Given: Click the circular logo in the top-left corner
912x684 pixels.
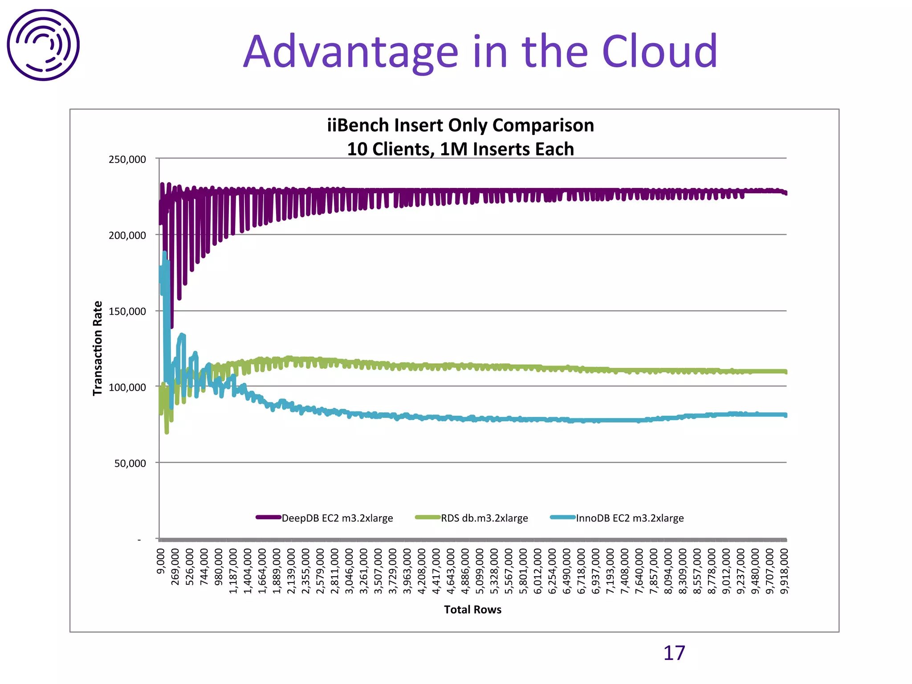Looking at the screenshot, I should coord(43,45).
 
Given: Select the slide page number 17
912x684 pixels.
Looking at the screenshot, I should coord(674,653).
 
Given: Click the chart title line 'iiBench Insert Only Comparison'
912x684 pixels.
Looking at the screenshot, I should coord(460,125).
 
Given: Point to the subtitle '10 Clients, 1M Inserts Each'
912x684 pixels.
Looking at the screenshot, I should coord(460,149).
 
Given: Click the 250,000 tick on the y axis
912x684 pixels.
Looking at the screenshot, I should coord(127,159).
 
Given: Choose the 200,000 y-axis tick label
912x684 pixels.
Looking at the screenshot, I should coord(127,236).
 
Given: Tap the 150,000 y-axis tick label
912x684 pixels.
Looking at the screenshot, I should coord(127,311).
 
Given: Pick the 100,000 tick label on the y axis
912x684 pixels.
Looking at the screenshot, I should coord(127,387).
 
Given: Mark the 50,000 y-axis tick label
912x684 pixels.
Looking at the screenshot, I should coord(130,464).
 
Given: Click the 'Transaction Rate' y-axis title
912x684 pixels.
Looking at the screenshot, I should coord(98,348).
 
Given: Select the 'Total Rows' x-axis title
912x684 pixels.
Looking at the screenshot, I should coord(472,610).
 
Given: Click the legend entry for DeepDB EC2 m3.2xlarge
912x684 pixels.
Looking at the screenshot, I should coord(337,518).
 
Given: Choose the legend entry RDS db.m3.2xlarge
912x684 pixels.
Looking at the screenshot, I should coord(484,518).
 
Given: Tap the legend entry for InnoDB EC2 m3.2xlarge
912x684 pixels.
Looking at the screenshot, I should coord(630,518).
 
